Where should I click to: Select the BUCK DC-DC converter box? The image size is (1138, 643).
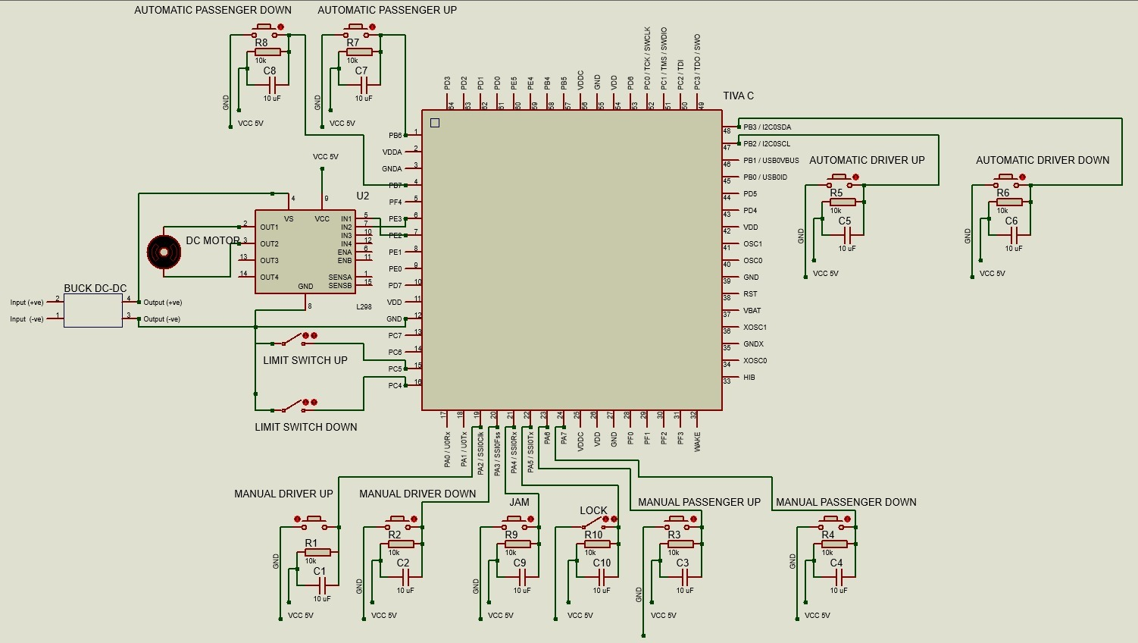[93, 311]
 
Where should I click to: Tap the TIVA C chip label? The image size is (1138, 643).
[738, 96]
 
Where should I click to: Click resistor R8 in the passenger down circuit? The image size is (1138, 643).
[267, 52]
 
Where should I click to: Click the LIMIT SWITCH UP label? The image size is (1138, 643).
[305, 360]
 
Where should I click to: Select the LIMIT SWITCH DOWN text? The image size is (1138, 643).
[305, 427]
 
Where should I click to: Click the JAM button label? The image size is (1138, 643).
[519, 502]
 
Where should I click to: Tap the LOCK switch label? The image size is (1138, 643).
[593, 510]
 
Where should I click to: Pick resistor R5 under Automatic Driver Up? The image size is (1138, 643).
[843, 202]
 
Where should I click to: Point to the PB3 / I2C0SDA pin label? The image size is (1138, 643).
[767, 127]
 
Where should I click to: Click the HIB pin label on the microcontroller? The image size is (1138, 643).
[749, 378]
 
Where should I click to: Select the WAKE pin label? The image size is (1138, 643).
[697, 441]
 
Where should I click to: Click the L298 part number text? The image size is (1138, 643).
[364, 307]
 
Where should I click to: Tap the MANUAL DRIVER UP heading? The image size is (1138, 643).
[283, 494]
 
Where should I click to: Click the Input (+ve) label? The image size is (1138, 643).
[27, 303]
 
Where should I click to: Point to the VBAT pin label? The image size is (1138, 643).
[752, 311]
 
